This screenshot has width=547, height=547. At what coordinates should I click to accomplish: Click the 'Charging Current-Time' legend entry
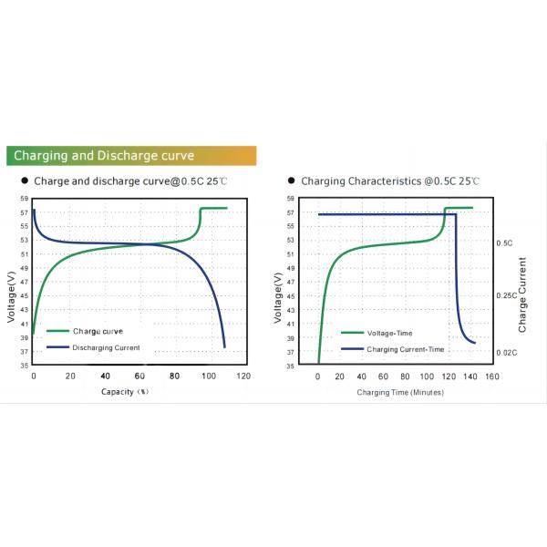click(x=405, y=349)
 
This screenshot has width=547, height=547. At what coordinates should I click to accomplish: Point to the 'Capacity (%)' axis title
click(x=124, y=391)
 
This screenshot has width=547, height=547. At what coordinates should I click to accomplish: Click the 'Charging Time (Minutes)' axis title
click(x=399, y=392)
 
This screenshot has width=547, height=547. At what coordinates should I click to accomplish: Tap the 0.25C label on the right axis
click(x=505, y=296)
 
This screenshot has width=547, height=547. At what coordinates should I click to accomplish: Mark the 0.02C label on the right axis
click(x=505, y=352)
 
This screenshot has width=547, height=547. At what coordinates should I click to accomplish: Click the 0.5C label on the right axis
click(x=503, y=243)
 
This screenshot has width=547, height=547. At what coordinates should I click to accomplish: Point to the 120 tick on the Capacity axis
click(x=243, y=377)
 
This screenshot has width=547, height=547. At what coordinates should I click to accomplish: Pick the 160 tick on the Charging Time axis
click(x=491, y=377)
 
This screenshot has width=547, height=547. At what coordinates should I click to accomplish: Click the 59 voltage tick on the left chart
click(x=24, y=198)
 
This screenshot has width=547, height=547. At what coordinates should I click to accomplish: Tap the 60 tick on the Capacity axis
click(x=139, y=377)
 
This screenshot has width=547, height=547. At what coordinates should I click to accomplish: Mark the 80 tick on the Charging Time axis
click(x=405, y=377)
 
